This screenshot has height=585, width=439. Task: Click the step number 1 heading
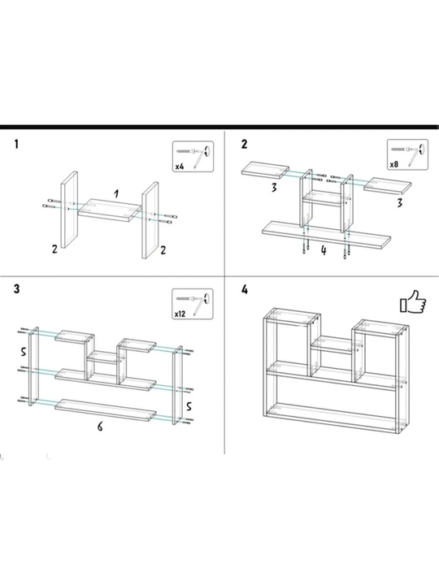point(16,144)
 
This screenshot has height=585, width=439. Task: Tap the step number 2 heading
point(244,144)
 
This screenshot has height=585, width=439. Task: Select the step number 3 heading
point(16,288)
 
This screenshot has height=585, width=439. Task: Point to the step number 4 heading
point(245,289)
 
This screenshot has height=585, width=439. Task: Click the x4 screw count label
point(180,167)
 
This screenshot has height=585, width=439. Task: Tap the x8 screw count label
point(394,164)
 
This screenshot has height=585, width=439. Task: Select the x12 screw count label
point(180,314)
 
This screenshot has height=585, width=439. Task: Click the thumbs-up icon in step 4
point(413,301)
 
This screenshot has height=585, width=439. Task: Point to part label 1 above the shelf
point(116,193)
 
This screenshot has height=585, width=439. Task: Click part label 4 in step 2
point(324,251)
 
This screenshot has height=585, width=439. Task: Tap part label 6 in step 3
point(100,427)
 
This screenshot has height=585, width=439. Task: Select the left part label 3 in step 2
point(274,188)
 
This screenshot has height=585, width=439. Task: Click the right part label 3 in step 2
point(400,202)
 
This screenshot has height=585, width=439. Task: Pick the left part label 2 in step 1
point(55,249)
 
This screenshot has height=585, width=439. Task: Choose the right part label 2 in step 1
point(163,250)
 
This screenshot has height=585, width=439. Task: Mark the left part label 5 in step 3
point(23,351)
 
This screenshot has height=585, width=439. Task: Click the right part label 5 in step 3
point(189,406)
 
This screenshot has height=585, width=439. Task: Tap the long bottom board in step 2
point(327,235)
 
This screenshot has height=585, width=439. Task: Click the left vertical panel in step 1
point(69,210)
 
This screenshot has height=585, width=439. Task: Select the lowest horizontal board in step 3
point(105,410)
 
